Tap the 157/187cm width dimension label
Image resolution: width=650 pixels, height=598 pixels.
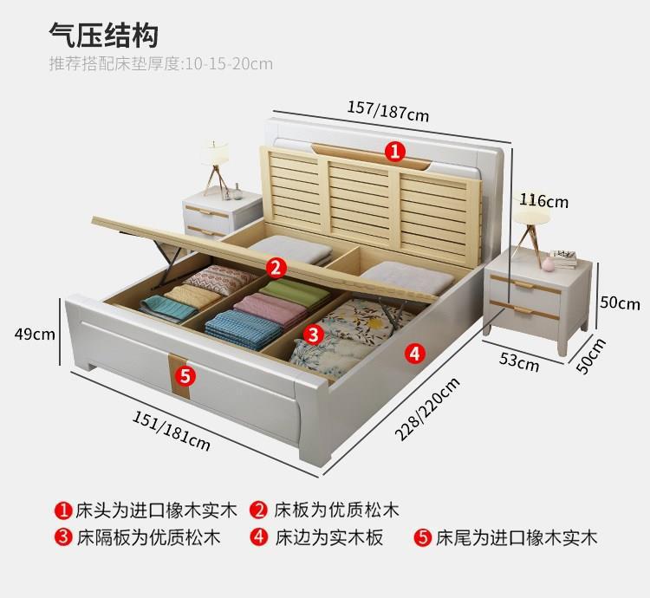(387, 110)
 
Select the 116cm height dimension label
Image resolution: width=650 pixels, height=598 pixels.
(543, 201)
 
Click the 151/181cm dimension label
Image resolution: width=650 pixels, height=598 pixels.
(172, 431)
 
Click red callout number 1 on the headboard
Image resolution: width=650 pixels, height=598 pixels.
(395, 153)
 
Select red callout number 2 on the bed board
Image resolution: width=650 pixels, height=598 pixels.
(276, 266)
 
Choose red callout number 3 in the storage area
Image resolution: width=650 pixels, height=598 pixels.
(314, 334)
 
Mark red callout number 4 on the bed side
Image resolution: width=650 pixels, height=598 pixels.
(414, 353)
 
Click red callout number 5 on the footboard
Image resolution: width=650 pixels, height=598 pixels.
(185, 374)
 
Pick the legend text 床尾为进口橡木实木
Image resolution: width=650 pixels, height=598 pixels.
(517, 537)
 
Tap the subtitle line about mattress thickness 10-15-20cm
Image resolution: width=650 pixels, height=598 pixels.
(161, 63)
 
